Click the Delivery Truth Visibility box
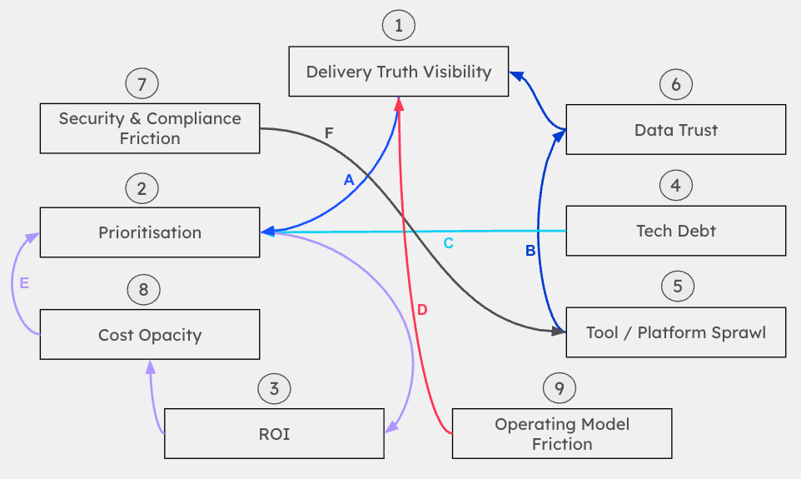[x=399, y=72]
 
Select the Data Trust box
[x=675, y=129]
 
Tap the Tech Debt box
[x=675, y=231]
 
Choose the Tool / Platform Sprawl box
[x=675, y=332]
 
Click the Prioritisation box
[x=150, y=232]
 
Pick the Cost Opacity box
[x=150, y=335]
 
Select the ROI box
[x=274, y=433]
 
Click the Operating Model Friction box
[x=562, y=433]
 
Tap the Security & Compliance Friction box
[x=150, y=128]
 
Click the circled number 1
[x=399, y=26]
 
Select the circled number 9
[x=559, y=387]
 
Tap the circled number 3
[x=274, y=388]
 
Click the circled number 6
[x=675, y=84]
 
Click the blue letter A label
[x=349, y=179]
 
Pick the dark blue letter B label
[x=530, y=249]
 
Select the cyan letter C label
[x=448, y=243]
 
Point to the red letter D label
[x=422, y=310]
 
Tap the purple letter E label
[x=24, y=283]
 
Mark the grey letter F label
[x=329, y=132]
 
